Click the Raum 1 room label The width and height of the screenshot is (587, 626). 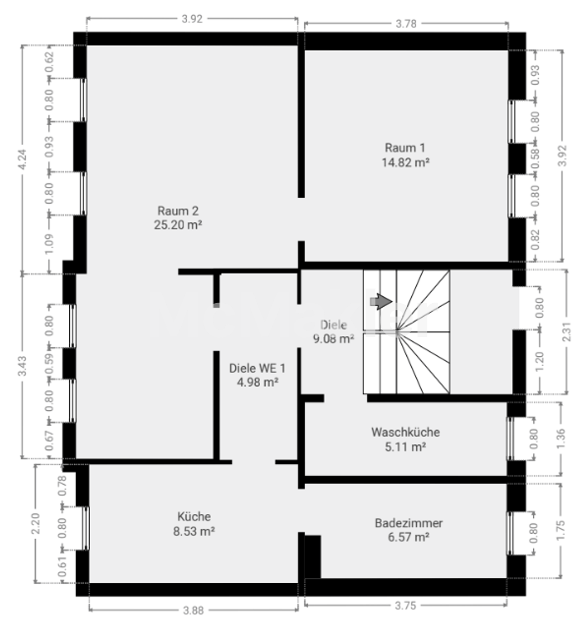405,148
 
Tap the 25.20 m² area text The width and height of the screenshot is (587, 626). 178,225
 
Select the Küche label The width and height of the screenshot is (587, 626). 194,516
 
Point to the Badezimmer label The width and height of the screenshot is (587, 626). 409,523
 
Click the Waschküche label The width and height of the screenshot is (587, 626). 405,432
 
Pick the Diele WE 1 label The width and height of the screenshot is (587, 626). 257,368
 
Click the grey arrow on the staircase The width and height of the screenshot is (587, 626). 381,302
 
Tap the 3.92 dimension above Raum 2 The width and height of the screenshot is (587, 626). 192,19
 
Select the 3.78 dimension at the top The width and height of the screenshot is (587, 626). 406,23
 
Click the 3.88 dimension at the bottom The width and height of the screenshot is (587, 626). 194,610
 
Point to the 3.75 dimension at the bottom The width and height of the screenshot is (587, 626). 405,606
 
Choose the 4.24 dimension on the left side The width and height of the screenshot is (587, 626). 23,159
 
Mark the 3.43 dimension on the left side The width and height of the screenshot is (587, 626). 23,366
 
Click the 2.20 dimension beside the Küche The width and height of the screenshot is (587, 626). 36,524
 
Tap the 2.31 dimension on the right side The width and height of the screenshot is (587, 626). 567,331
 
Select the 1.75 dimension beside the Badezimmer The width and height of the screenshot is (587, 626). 561,531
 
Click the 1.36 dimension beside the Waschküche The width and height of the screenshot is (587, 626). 561,438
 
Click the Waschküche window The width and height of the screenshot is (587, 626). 510,439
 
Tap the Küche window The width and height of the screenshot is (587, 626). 85,528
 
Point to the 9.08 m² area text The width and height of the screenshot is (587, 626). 333,339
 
